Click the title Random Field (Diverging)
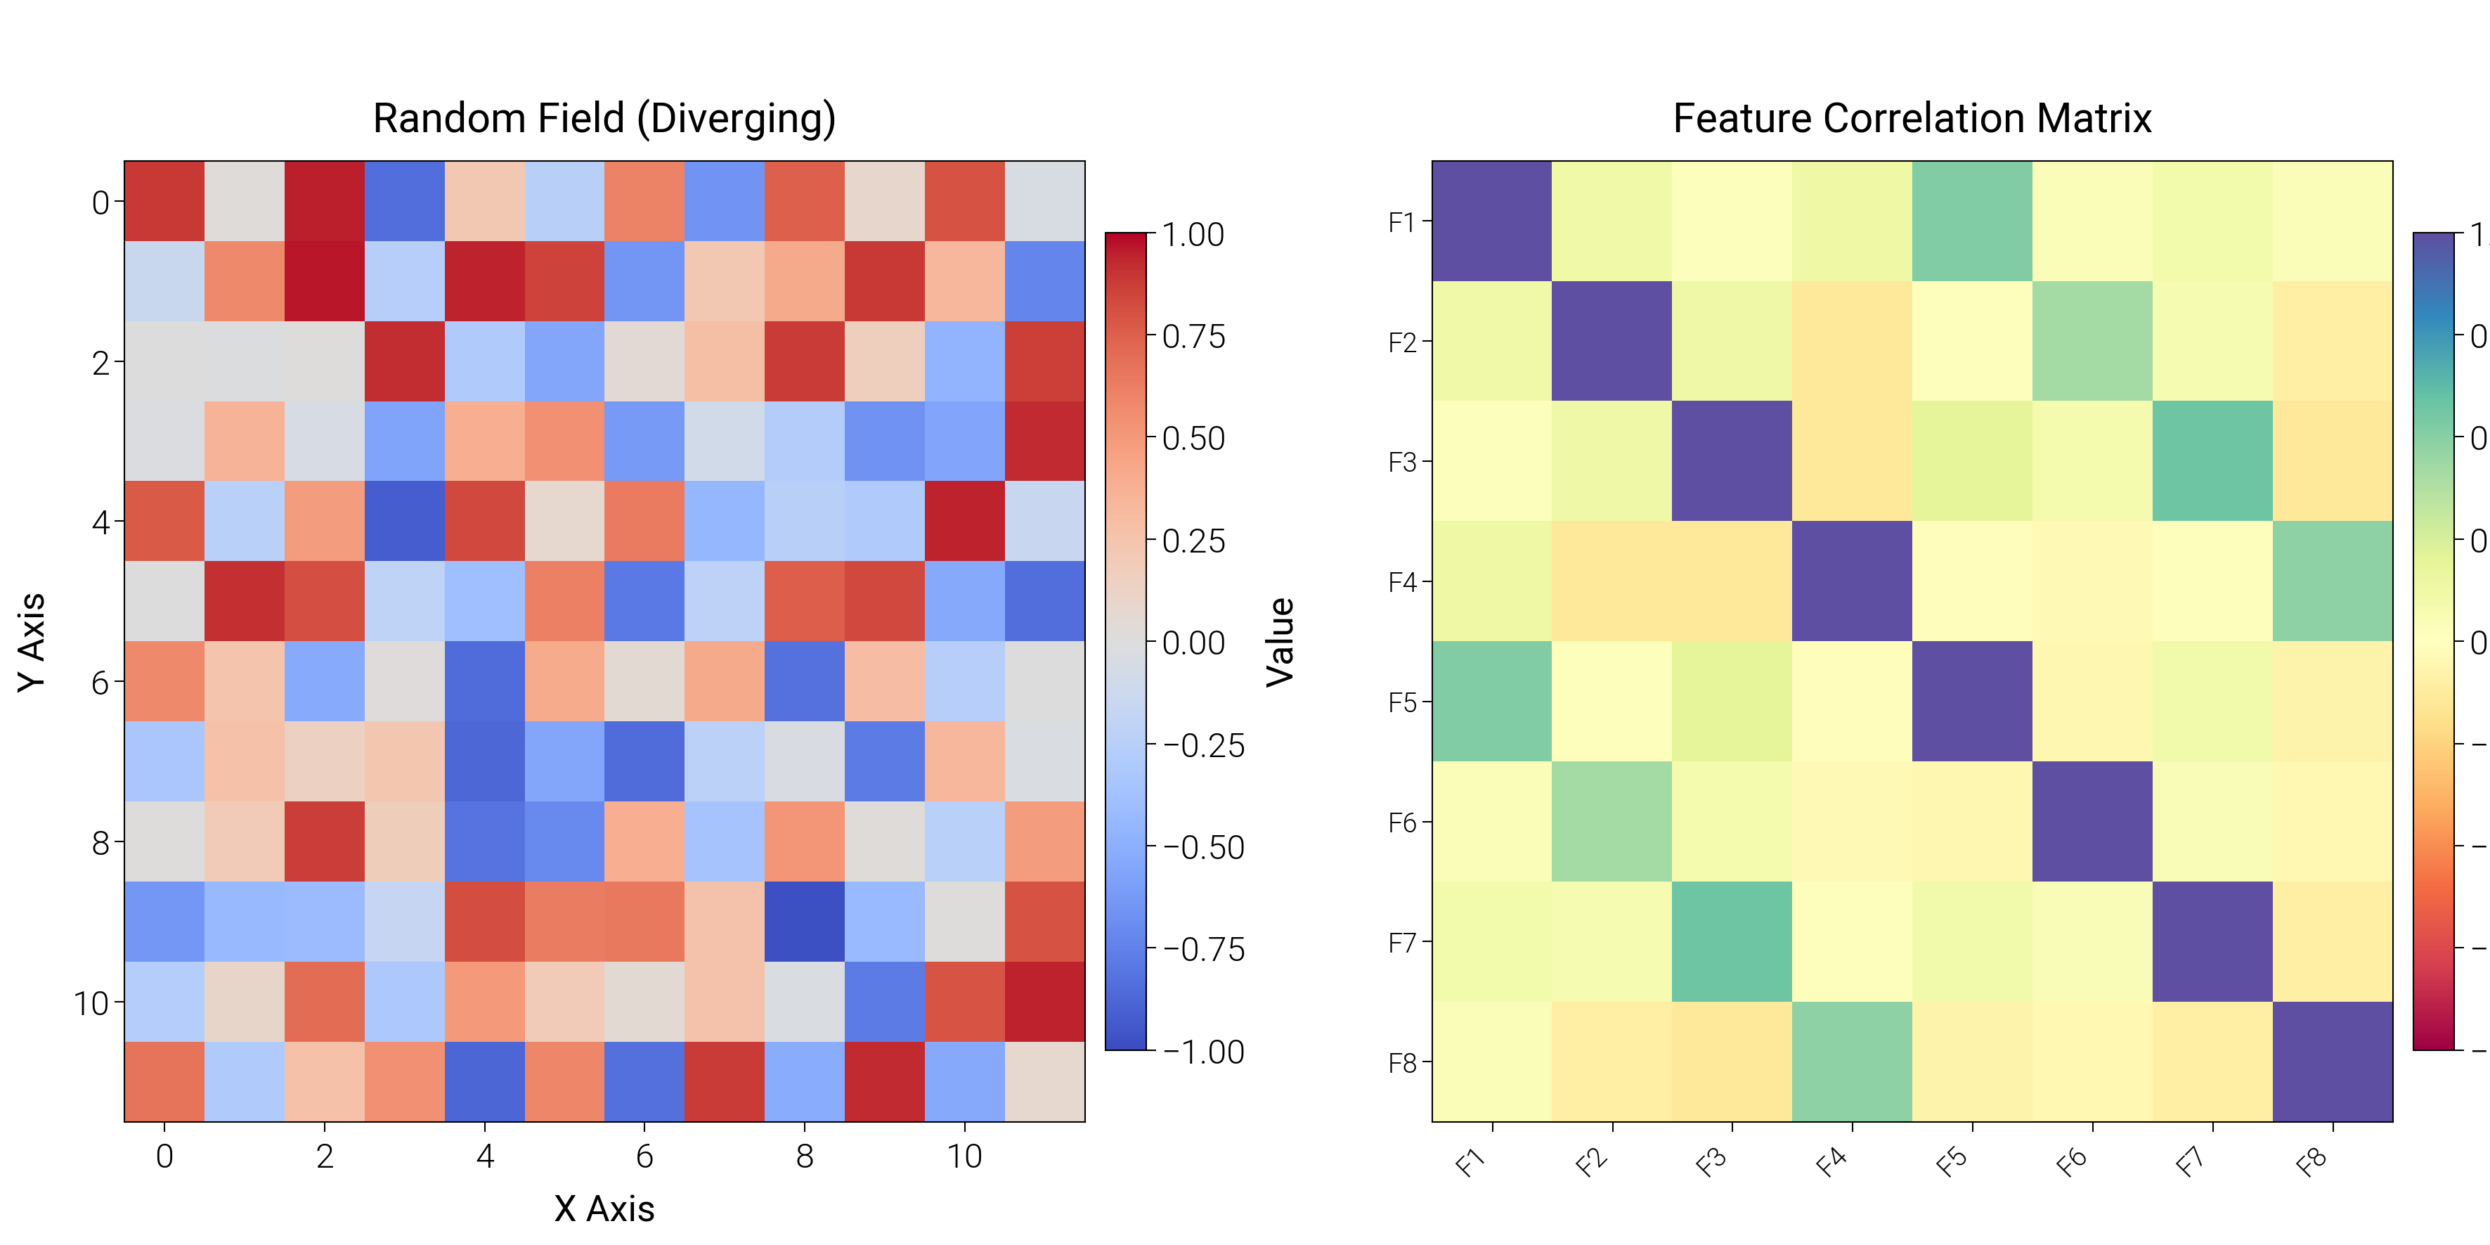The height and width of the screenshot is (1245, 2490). (604, 118)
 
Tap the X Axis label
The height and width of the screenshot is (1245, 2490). (604, 1208)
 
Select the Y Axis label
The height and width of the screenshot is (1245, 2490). (31, 642)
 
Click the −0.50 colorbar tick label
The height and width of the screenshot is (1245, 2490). (1202, 848)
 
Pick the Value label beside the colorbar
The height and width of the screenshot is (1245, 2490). (1280, 642)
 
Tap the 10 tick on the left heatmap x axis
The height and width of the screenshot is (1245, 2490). (964, 1156)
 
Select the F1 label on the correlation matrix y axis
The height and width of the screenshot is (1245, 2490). (1401, 222)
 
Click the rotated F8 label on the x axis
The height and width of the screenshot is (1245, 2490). (2312, 1163)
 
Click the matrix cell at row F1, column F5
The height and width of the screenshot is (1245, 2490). (1972, 221)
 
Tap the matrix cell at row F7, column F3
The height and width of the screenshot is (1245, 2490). (1731, 941)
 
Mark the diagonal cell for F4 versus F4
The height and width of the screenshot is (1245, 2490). (1851, 581)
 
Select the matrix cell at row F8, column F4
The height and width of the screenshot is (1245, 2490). (1851, 1062)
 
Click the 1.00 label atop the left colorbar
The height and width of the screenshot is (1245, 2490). (1193, 235)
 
